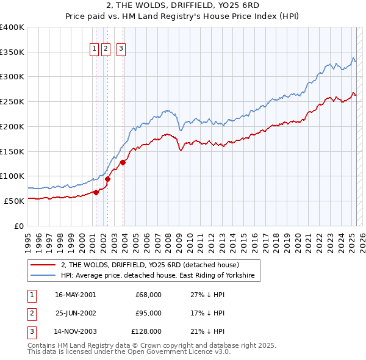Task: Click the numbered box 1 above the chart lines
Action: click(95, 49)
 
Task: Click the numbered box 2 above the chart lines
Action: click(106, 49)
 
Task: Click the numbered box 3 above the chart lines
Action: click(121, 49)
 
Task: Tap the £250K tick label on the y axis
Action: click(12, 101)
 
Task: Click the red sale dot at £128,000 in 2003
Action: click(123, 162)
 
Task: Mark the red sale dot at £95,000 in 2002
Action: click(107, 179)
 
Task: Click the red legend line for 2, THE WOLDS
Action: click(43, 265)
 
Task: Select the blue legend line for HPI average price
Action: click(43, 276)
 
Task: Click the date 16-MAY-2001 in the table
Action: click(75, 294)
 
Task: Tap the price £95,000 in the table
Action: click(148, 313)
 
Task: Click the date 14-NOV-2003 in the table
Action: click(75, 331)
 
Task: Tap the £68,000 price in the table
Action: click(148, 294)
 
